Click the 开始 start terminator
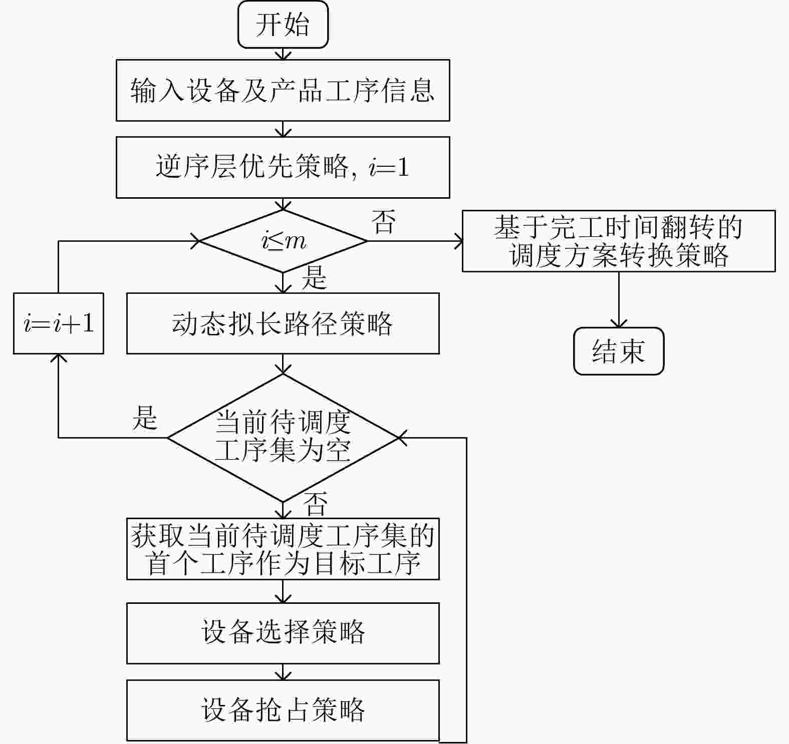coord(283,25)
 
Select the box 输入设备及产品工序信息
coord(283,90)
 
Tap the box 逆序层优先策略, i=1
coord(283,167)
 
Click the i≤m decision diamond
coord(283,241)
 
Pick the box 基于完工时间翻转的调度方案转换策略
coord(619,241)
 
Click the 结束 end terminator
coord(619,351)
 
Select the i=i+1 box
coord(59,323)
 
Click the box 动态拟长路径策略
coord(283,323)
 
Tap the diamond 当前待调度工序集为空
coord(283,438)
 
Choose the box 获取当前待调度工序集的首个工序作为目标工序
coord(283,549)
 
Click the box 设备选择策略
coord(283,633)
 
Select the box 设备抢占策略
coord(283,710)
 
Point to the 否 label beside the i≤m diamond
coord(384,222)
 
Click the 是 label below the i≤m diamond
coord(314,277)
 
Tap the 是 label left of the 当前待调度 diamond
coord(145,418)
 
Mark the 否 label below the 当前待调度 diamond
coord(316,504)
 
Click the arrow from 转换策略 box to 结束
coord(619,299)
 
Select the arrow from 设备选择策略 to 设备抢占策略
coord(283,672)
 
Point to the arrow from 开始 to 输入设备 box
coord(283,54)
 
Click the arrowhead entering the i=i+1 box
coord(59,358)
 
